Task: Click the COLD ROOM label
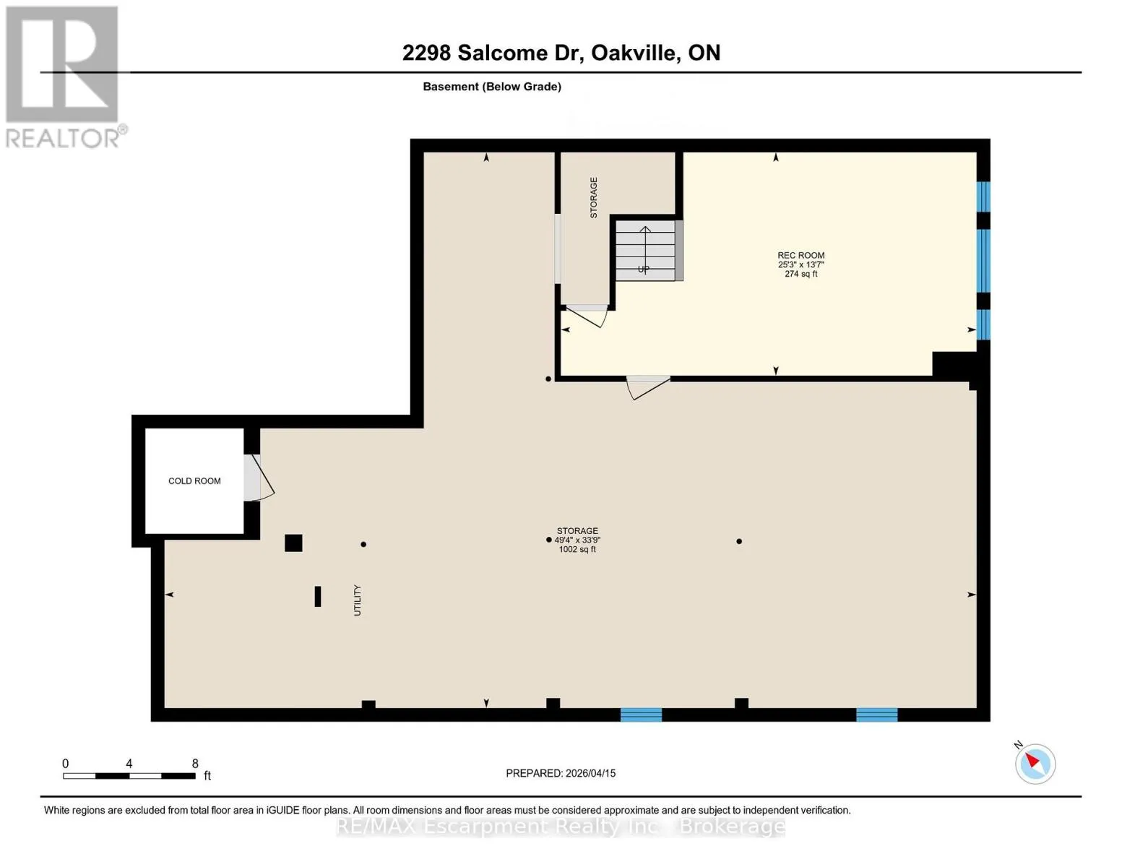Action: point(194,480)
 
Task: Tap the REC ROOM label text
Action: point(800,255)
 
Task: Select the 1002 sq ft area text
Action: point(577,549)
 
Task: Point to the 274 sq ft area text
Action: point(800,274)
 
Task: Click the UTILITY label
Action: point(358,600)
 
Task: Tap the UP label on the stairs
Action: point(643,269)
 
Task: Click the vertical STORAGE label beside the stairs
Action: point(594,197)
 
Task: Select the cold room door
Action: point(259,478)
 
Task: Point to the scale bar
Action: point(129,775)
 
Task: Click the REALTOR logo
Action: point(64,77)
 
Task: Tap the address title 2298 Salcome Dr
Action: point(493,53)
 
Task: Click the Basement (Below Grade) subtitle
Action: point(491,87)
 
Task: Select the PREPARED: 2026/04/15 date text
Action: point(561,773)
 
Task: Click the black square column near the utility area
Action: point(293,543)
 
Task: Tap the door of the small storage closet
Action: point(587,316)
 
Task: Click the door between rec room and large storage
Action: point(648,388)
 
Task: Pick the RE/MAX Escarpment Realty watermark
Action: point(561,827)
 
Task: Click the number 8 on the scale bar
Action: point(195,764)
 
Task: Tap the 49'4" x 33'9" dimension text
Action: point(577,540)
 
